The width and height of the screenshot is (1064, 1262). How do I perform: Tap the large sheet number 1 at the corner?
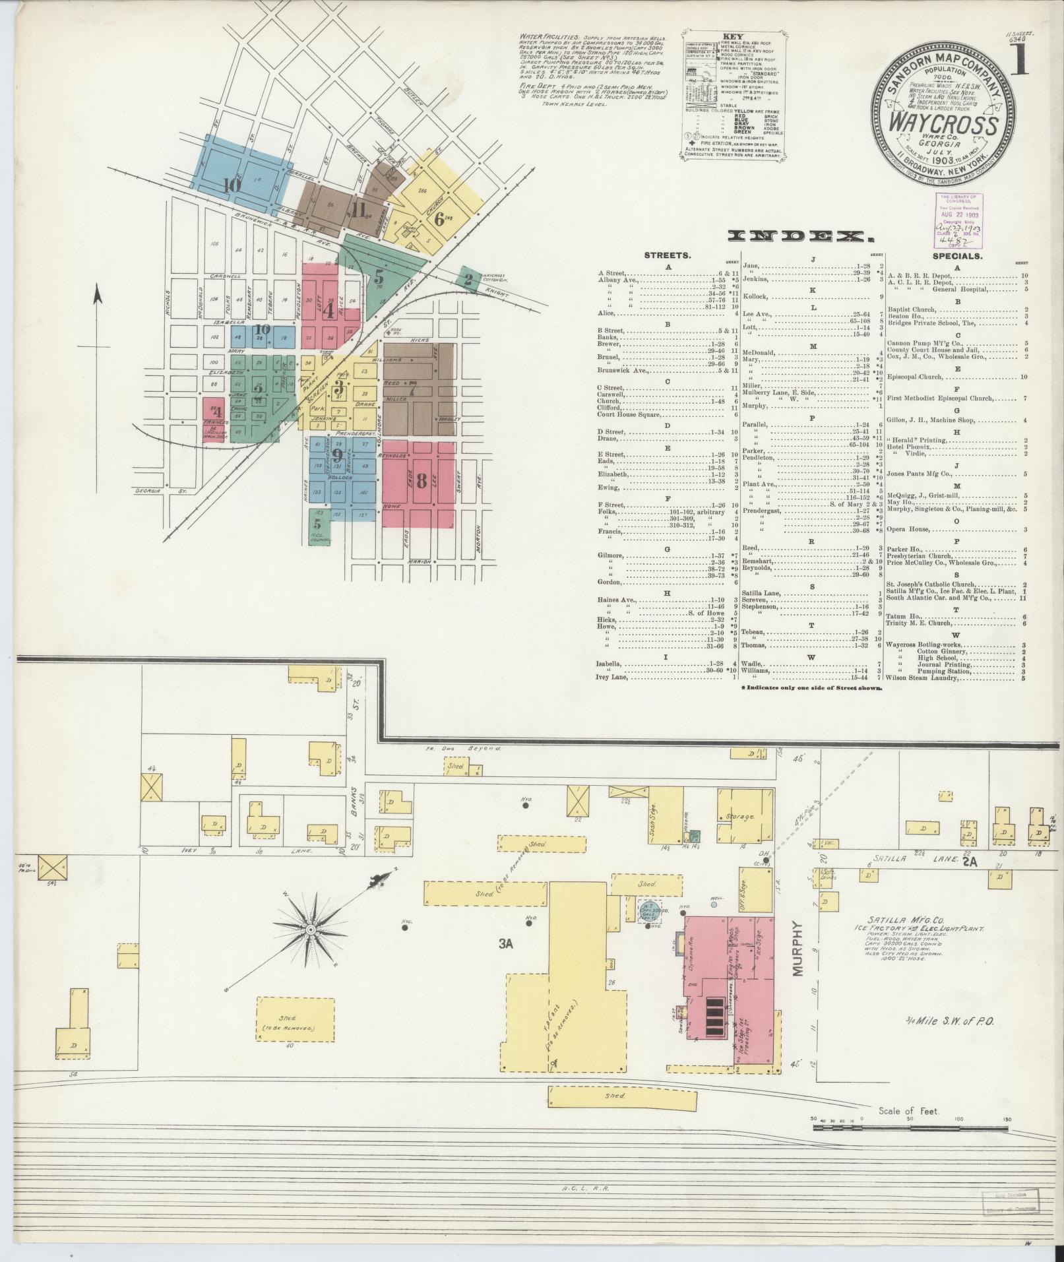click(x=1021, y=61)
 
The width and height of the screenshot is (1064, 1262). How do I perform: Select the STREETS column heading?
click(x=672, y=255)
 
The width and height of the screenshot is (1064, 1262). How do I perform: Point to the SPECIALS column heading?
click(x=956, y=255)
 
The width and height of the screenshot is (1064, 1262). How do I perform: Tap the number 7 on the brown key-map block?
click(x=412, y=389)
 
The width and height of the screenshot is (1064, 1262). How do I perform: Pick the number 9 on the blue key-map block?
click(x=337, y=455)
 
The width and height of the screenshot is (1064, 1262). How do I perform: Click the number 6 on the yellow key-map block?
click(x=439, y=220)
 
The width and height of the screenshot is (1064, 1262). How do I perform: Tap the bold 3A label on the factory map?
click(x=506, y=945)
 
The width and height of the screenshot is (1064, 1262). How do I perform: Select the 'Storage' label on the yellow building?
click(x=739, y=817)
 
